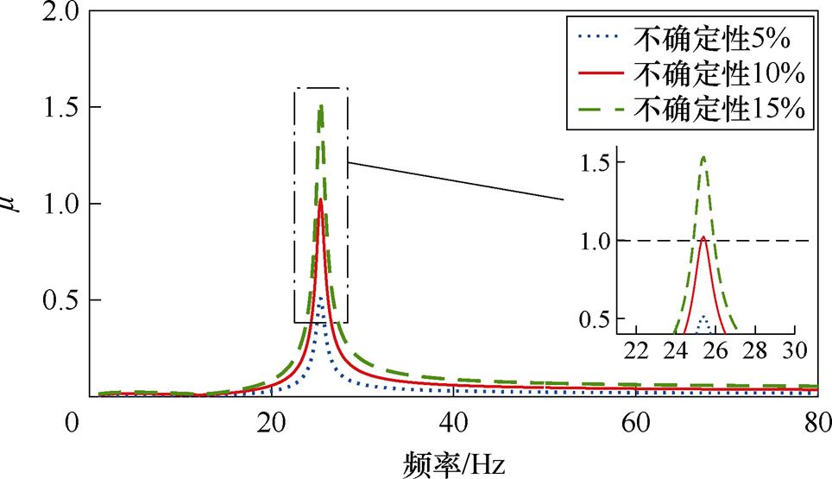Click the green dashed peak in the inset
tap(703, 157)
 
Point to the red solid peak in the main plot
tap(321, 200)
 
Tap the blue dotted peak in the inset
tap(703, 317)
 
